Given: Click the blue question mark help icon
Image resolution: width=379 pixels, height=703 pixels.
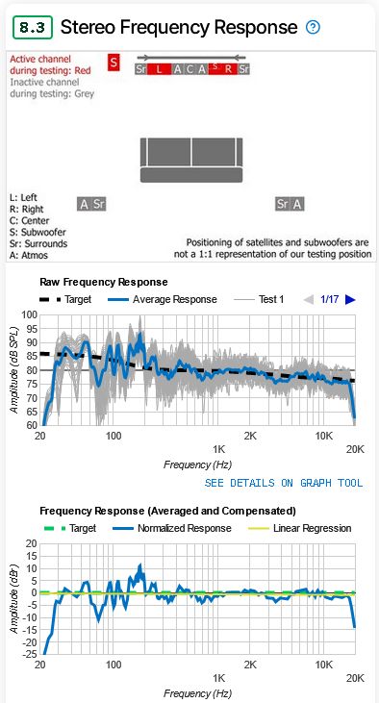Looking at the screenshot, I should (313, 27).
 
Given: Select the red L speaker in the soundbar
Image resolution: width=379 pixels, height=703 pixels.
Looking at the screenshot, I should (161, 69).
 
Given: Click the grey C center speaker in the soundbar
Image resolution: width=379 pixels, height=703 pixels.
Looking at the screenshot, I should (190, 69).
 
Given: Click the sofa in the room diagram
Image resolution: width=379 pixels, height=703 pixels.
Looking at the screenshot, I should (190, 160).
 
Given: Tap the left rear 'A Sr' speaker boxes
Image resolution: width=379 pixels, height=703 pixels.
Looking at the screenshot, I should (92, 204).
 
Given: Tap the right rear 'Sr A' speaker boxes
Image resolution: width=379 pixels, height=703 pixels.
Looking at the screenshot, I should (290, 204).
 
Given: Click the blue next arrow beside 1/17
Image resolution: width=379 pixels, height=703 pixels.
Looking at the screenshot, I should (350, 300).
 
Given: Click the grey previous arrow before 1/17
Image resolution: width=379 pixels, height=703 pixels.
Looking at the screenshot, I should (308, 300).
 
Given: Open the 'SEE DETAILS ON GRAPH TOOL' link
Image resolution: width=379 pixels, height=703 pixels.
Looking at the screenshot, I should (284, 482).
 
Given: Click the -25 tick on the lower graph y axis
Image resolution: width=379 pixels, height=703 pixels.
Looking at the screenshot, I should (28, 655).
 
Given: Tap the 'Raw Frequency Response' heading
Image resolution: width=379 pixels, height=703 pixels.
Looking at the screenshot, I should (104, 283).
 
